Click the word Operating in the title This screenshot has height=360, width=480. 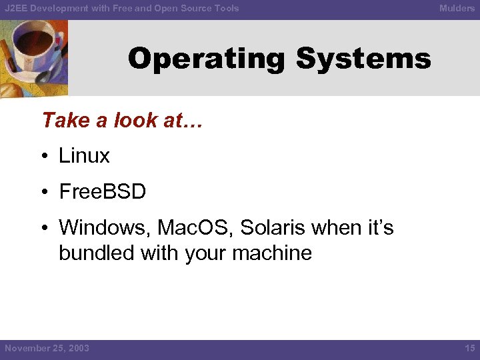[x=207, y=59]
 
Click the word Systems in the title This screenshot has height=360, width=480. [x=363, y=59]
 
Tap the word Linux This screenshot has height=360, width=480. [x=84, y=156]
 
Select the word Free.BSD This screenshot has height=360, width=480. [x=102, y=192]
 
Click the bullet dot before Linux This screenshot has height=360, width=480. [x=43, y=157]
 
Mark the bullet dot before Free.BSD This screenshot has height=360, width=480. [x=43, y=193]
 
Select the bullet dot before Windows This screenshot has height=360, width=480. [x=43, y=229]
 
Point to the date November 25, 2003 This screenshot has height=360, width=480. [x=47, y=349]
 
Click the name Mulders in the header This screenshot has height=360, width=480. [x=457, y=8]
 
